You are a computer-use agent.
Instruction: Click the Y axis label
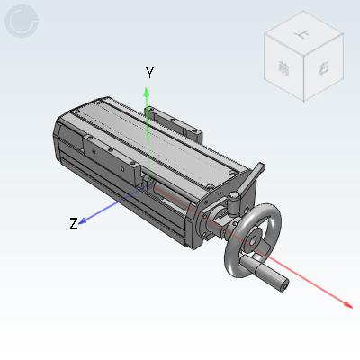[150, 74]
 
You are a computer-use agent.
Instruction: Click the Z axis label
[74, 223]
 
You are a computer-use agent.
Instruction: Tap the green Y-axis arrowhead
[148, 91]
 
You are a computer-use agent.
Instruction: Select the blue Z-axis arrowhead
[81, 219]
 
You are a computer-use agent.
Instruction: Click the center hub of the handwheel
[255, 240]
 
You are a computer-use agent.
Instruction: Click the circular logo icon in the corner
[22, 21]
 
